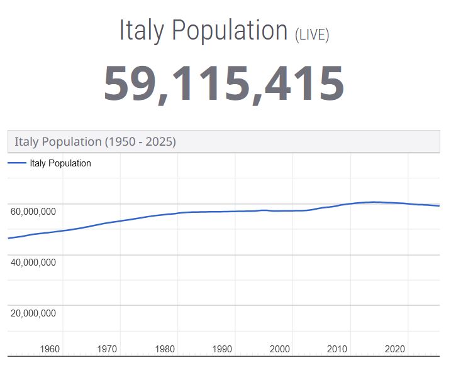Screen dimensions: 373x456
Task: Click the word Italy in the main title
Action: [x=142, y=30]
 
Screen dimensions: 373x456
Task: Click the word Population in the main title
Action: [x=230, y=30]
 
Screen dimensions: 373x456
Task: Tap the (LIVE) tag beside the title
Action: [x=312, y=34]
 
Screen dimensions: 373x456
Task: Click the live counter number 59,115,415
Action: [x=224, y=84]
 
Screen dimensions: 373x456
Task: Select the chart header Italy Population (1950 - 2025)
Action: [x=95, y=141]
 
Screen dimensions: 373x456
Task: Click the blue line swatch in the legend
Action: [x=17, y=163]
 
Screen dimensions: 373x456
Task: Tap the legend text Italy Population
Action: [x=60, y=163]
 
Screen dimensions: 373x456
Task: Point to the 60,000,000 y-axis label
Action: [x=33, y=212]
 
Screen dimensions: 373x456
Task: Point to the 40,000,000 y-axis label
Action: [x=33, y=262]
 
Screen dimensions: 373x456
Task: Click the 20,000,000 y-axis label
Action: [x=33, y=313]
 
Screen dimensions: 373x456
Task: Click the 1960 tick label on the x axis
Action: [x=50, y=349]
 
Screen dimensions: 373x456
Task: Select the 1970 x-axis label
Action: [x=107, y=349]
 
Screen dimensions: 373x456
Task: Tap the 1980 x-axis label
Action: [x=165, y=349]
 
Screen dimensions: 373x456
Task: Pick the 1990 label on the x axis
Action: [x=222, y=349]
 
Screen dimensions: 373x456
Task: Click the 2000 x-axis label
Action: [x=280, y=349]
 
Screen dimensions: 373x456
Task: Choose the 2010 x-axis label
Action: [x=337, y=349]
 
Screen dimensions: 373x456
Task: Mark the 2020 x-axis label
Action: [x=395, y=349]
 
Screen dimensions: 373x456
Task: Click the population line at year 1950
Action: [x=9, y=238]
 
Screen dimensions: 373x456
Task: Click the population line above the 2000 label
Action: [x=280, y=211]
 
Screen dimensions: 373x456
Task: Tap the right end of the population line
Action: [x=438, y=206]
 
